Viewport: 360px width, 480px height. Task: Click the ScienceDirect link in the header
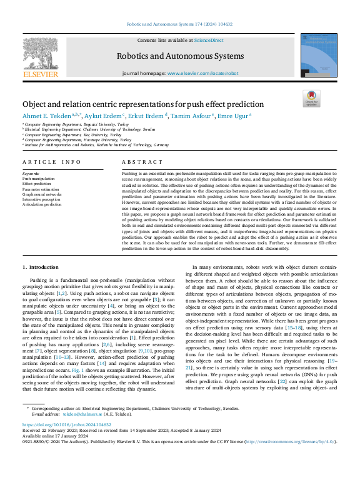(209, 40)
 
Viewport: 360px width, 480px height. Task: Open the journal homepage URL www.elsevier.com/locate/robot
(202, 73)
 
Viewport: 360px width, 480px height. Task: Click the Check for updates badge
(311, 99)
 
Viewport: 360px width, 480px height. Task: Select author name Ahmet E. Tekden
(46, 115)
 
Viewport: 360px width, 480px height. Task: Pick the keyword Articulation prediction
(42, 204)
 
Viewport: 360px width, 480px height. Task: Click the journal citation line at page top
(179, 24)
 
